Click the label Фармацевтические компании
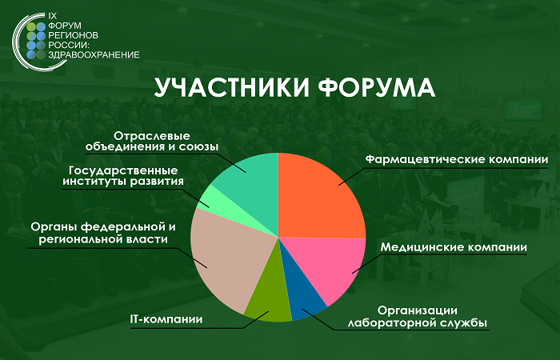(x=457, y=160)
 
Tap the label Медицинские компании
(x=454, y=247)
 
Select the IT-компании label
(x=166, y=319)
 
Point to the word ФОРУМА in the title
(x=377, y=86)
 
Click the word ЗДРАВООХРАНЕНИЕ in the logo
(x=94, y=55)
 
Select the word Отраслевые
(x=152, y=136)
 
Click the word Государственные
(x=123, y=170)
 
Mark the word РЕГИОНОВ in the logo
(x=73, y=35)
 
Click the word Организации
(x=418, y=310)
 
